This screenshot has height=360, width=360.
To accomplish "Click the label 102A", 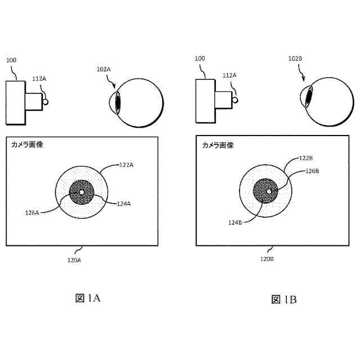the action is click(104, 69).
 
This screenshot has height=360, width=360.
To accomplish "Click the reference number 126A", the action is click(33, 213).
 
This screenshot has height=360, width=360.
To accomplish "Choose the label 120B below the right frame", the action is click(267, 259).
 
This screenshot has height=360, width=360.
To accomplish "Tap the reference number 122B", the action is click(306, 159).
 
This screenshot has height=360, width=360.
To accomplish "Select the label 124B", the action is click(235, 223).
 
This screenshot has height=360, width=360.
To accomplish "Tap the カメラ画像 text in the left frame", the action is click(27, 145).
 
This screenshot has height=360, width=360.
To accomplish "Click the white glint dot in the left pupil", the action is click(82, 192).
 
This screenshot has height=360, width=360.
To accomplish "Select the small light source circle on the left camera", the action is click(46, 102).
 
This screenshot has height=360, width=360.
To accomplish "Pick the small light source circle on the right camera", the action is click(236, 99).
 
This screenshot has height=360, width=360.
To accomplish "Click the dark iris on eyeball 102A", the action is click(118, 103).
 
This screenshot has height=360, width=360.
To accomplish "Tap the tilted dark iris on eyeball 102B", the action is click(309, 97).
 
